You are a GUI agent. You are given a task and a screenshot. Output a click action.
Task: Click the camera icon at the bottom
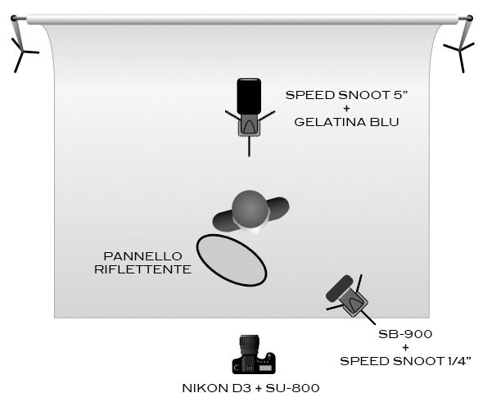click(x=254, y=355)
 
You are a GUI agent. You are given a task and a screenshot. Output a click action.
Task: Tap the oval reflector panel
click(x=232, y=260)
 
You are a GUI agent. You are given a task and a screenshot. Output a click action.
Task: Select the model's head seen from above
click(x=250, y=209)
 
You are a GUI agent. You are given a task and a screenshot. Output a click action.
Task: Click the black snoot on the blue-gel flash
click(x=249, y=97)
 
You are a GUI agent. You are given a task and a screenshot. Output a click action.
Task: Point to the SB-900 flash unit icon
click(x=347, y=296)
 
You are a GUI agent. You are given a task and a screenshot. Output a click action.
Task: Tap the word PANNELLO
click(x=143, y=256)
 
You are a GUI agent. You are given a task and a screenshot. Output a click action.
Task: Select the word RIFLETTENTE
click(x=143, y=269)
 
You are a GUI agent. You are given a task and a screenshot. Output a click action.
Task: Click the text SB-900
click(x=405, y=334)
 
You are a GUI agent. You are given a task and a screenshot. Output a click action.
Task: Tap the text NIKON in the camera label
click(x=204, y=388)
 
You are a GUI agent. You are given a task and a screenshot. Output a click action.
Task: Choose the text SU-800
click(x=292, y=388)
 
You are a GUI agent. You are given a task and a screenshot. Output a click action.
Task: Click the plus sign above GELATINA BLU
click(x=346, y=108)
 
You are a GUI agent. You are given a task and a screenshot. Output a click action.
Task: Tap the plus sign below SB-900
click(x=405, y=347)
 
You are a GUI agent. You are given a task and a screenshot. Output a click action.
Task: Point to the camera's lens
click(x=250, y=344)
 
